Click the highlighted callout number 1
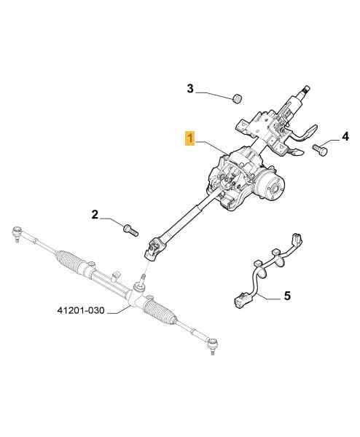pyautogui.click(x=189, y=138)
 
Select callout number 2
pyautogui.click(x=95, y=215)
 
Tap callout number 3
pyautogui.click(x=190, y=89)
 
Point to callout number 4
pyautogui.click(x=345, y=137)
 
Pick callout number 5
pyautogui.click(x=287, y=296)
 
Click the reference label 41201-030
pyautogui.click(x=81, y=310)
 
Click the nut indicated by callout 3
pyautogui.click(x=237, y=98)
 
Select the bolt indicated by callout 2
pyautogui.click(x=130, y=230)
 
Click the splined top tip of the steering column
pyautogui.click(x=307, y=90)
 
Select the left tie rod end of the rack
pyautogui.click(x=17, y=233)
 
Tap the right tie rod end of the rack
pyautogui.click(x=213, y=345)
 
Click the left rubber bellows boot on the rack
pyautogui.click(x=69, y=261)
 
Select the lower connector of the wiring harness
pyautogui.click(x=240, y=301)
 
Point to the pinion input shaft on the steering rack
pyautogui.click(x=143, y=278)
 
